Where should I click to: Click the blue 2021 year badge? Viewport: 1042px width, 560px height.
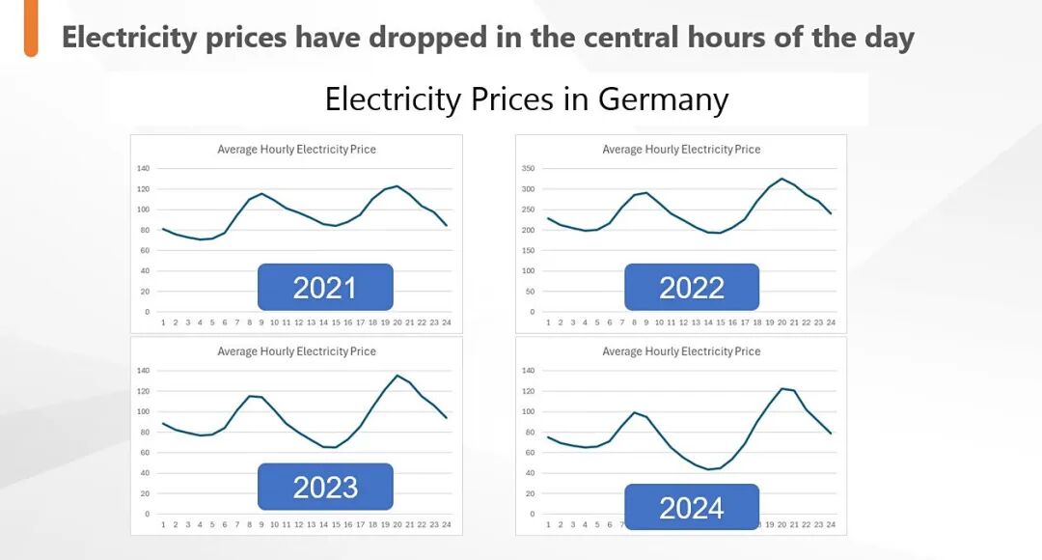[325, 287]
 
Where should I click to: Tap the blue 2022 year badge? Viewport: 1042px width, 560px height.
[692, 287]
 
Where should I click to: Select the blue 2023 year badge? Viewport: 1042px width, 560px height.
[325, 487]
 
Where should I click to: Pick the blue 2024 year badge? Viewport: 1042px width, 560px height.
[692, 507]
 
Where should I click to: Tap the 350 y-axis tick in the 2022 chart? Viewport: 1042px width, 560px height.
[527, 168]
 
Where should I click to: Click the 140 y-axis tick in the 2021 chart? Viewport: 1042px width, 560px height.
[143, 168]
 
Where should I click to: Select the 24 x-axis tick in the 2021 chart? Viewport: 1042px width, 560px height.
[447, 322]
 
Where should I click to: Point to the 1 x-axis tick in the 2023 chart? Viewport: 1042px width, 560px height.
[163, 524]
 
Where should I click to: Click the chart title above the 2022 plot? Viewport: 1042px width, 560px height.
[681, 150]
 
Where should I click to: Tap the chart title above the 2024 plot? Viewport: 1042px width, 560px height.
[681, 351]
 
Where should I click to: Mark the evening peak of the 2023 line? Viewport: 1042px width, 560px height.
[398, 376]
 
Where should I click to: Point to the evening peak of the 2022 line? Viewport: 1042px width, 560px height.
[781, 179]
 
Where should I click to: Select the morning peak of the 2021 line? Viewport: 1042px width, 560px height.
[261, 194]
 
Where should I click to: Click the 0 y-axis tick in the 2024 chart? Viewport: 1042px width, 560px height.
[532, 514]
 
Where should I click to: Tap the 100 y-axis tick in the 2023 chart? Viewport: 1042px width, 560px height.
[143, 411]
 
